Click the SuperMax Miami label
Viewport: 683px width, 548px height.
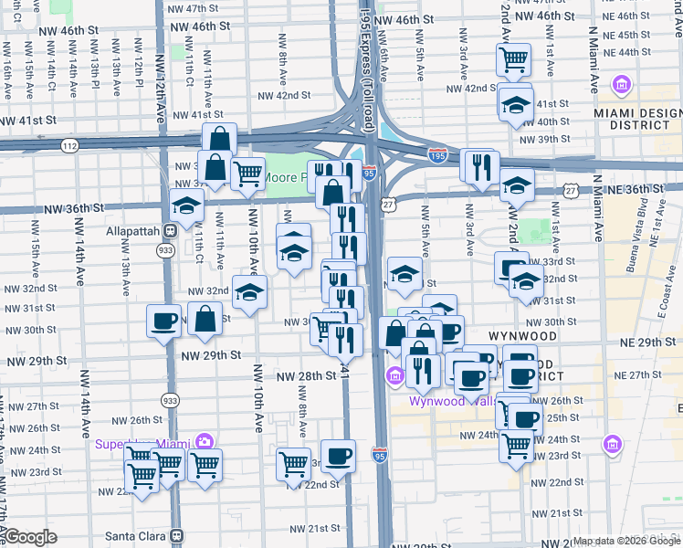146,444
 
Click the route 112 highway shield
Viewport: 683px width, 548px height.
70,145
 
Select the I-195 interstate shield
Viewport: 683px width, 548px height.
437,155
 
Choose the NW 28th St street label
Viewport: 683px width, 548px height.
306,375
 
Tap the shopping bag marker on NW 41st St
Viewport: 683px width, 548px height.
219,139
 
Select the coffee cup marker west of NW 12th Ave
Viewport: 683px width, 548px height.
164,321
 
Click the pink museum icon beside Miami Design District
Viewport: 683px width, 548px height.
623,87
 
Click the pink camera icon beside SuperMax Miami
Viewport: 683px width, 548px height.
205,442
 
